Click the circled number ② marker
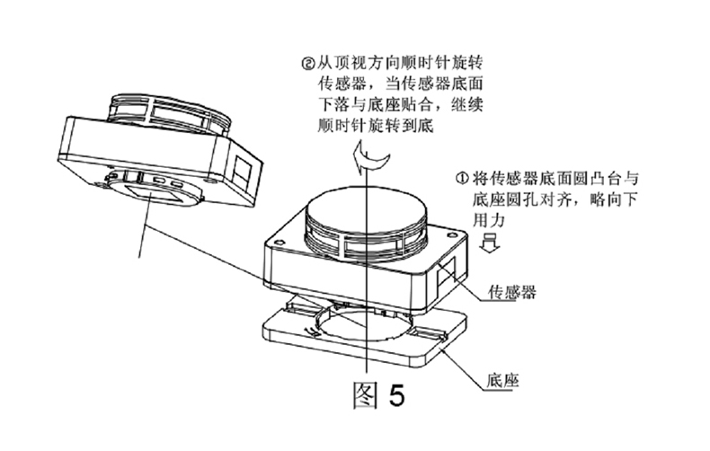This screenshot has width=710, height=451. [307, 63]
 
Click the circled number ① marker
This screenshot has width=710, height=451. [461, 179]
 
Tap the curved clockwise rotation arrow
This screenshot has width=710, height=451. [371, 158]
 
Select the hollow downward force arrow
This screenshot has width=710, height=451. [489, 242]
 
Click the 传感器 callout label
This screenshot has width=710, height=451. [512, 292]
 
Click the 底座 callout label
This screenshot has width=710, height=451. [503, 380]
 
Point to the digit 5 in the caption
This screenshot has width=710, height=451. [396, 396]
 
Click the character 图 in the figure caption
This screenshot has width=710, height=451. [365, 395]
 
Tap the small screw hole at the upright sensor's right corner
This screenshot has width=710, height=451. [450, 235]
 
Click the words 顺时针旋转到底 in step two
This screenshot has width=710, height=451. [376, 125]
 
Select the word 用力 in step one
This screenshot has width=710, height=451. [489, 220]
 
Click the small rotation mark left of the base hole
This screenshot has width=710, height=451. [312, 331]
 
